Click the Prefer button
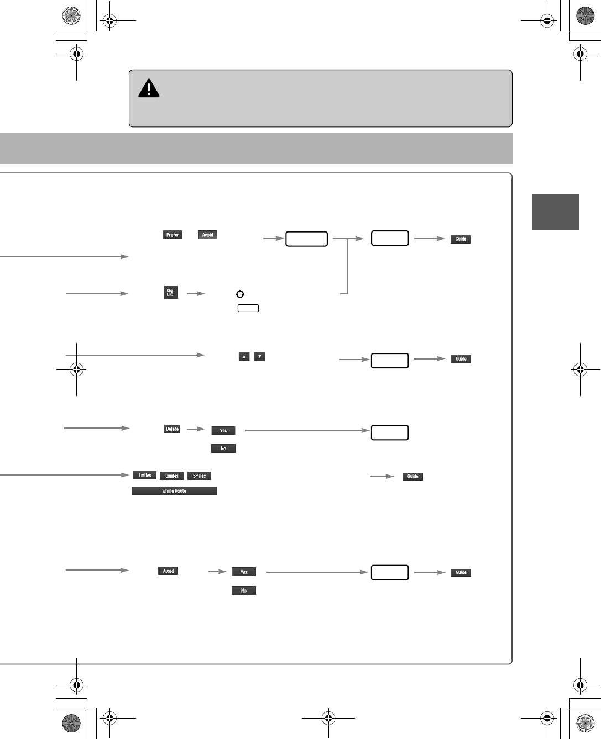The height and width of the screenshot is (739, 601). pos(173,235)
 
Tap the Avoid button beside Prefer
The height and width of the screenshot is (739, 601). pos(207,235)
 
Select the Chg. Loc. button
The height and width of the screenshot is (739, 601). pos(171,292)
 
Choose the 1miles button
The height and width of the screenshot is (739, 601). pos(144,476)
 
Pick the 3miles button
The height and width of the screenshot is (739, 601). pos(172,476)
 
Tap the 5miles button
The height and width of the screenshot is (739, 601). pos(199,476)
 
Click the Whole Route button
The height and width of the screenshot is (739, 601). pos(174,491)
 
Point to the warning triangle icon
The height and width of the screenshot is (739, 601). pos(149,88)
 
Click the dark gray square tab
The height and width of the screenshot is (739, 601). pos(555,212)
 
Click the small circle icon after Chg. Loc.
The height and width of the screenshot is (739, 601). pos(240,294)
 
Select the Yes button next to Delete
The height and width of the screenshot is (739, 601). pos(223,431)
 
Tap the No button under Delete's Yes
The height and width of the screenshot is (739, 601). pos(223,448)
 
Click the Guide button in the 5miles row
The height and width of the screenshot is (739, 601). pos(412,477)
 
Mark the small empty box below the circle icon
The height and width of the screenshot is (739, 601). pos(248,308)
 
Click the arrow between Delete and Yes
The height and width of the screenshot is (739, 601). pos(196,429)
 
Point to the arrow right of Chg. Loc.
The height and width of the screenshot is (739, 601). pos(196,294)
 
